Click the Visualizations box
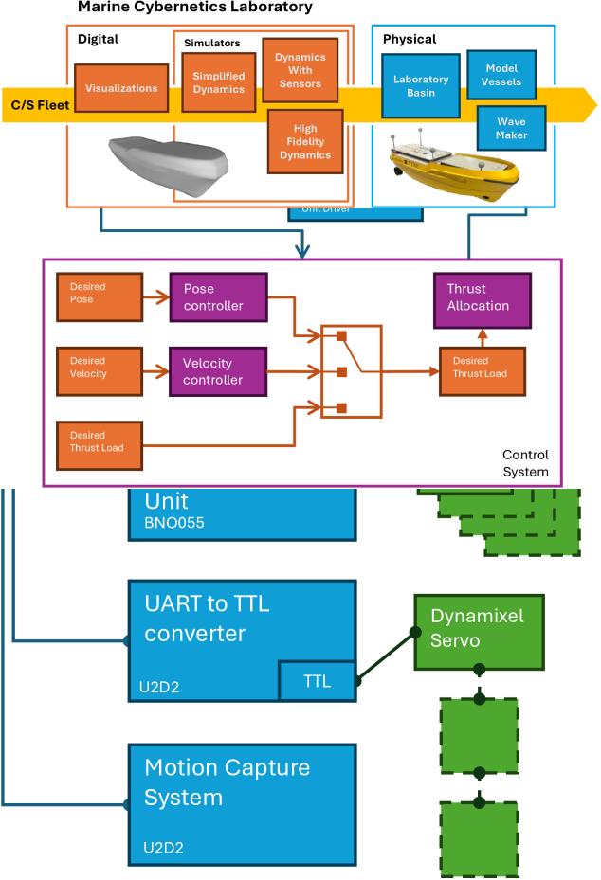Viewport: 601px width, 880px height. tap(121, 88)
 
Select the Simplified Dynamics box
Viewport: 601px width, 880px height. tap(218, 82)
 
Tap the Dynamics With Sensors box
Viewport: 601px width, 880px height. tap(299, 70)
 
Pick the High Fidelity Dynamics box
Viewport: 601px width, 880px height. tap(305, 141)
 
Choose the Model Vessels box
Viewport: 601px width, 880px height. tap(501, 75)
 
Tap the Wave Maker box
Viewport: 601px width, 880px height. tap(511, 129)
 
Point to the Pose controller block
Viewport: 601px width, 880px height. tap(218, 296)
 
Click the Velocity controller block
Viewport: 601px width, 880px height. tap(218, 371)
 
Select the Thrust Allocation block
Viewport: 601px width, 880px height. tap(481, 297)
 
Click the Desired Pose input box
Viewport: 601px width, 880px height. tap(100, 293)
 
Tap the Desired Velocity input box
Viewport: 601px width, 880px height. tap(100, 368)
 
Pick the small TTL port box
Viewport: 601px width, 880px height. tap(317, 680)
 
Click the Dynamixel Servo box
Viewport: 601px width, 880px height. tap(479, 632)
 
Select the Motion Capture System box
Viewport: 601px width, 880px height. tap(242, 804)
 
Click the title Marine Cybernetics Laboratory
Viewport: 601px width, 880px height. tap(194, 8)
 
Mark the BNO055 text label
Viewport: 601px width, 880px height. tap(174, 521)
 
